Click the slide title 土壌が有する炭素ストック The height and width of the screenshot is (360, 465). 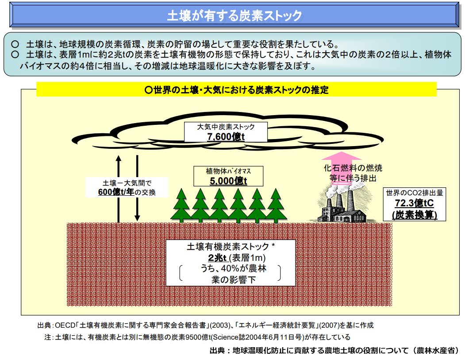(x=234, y=16)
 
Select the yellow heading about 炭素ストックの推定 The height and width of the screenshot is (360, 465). (x=237, y=90)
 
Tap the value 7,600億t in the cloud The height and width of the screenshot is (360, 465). (x=226, y=137)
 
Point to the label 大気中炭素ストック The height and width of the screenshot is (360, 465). (x=226, y=127)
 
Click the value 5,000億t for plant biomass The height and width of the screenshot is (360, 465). (x=228, y=181)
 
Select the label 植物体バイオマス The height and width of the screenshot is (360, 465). (x=228, y=171)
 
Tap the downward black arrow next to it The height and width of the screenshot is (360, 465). (x=137, y=188)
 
